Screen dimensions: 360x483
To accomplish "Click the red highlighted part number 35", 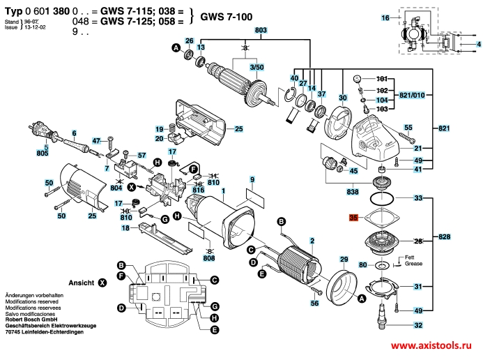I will click(353, 218).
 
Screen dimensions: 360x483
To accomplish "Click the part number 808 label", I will click(208, 259).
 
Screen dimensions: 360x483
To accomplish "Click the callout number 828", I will click(444, 238).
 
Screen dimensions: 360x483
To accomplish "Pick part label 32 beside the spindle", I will click(418, 326).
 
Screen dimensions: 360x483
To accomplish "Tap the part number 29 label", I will click(344, 260).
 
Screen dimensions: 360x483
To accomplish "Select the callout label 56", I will click(314, 303).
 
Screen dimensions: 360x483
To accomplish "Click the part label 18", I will click(125, 228).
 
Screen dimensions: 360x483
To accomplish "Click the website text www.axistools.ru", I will click(436, 346).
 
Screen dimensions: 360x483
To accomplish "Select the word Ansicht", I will click(81, 283).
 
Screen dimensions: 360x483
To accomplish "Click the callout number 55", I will click(409, 127).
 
